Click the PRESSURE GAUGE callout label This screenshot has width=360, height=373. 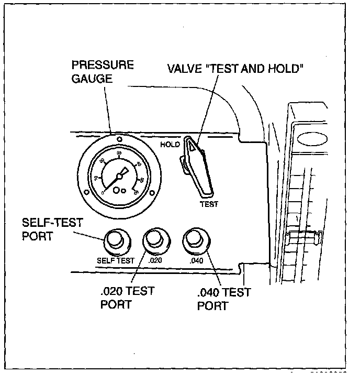tap(103, 72)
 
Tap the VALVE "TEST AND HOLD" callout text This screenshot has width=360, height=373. tap(235, 69)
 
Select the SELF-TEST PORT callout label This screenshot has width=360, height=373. tap(52, 228)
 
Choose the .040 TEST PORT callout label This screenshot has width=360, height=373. tap(224, 299)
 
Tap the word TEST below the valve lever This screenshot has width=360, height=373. tap(209, 204)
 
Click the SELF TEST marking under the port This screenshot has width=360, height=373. tap(116, 260)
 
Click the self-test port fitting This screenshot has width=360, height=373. tap(116, 241)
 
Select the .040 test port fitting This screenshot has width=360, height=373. tap(194, 240)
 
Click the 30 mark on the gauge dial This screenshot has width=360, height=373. tap(120, 153)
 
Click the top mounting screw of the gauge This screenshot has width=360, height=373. tap(120, 139)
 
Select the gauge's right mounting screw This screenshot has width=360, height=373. tap(152, 194)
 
